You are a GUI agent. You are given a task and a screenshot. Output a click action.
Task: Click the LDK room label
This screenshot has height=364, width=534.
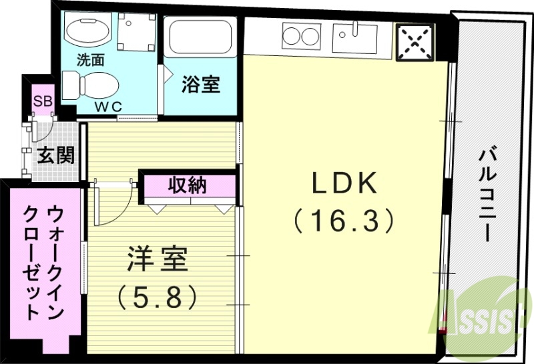(x=344, y=183)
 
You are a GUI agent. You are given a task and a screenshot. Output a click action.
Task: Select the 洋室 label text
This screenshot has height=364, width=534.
(x=158, y=259)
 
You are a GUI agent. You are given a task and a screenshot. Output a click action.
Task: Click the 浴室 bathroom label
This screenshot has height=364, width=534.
(x=201, y=85)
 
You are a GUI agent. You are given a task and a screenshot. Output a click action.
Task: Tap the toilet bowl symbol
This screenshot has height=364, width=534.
(x=91, y=85)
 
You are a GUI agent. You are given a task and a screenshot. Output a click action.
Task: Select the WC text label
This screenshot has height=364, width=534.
(x=107, y=107)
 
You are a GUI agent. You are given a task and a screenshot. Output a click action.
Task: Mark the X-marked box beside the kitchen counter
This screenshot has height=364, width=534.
(x=413, y=41)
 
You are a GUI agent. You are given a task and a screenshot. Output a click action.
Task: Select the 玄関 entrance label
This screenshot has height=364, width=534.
(x=55, y=155)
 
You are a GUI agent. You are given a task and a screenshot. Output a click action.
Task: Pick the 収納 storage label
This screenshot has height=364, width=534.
(x=188, y=185)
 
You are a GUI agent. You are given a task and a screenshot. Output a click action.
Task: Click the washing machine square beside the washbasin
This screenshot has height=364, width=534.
(x=136, y=30)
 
